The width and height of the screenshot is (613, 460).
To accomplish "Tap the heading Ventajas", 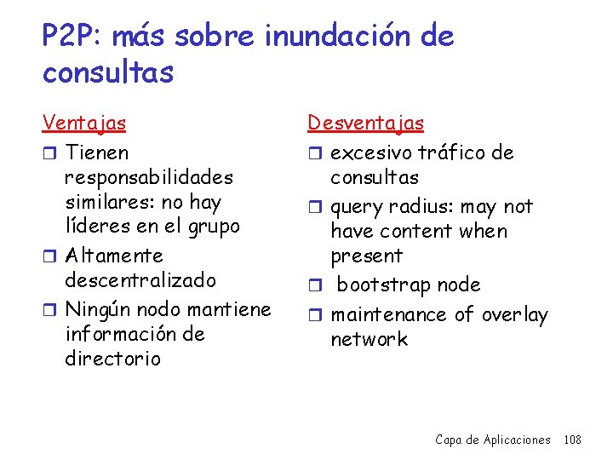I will pyautogui.click(x=84, y=123).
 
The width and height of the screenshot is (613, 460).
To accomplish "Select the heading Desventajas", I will pyautogui.click(x=365, y=123).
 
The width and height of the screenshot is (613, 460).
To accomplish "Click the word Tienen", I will pyautogui.click(x=97, y=153).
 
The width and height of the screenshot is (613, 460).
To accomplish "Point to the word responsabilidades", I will pyautogui.click(x=149, y=178).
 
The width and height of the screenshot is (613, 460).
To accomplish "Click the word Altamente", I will pyautogui.click(x=113, y=256).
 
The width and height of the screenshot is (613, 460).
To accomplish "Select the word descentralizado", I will pyautogui.click(x=140, y=280).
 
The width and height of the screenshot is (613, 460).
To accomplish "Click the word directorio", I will pyautogui.click(x=112, y=358).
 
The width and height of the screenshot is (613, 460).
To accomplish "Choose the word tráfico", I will pyautogui.click(x=454, y=153).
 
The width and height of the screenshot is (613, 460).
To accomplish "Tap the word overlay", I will pyautogui.click(x=514, y=314).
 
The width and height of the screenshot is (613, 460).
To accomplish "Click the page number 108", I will pyautogui.click(x=572, y=440).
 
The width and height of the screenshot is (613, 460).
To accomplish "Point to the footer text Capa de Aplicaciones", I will pyautogui.click(x=492, y=440).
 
